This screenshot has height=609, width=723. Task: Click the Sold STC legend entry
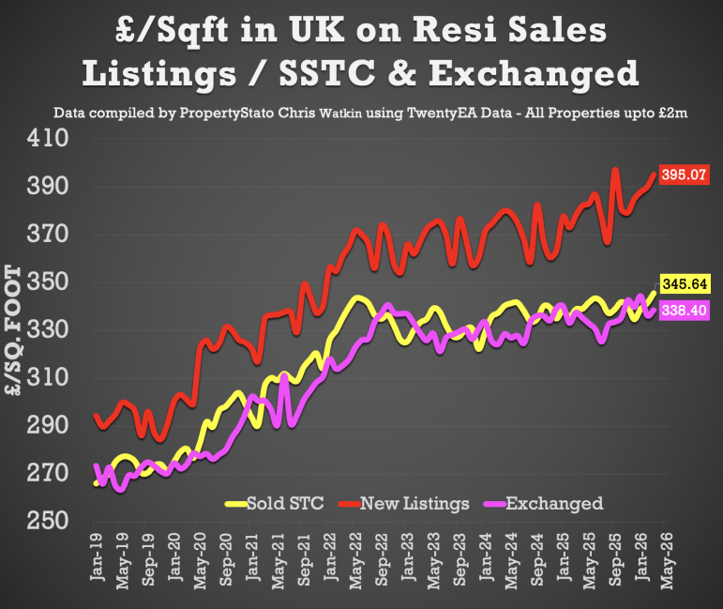click(284, 504)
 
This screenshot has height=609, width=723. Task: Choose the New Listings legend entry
click(414, 504)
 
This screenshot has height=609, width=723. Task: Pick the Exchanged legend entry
click(553, 504)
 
